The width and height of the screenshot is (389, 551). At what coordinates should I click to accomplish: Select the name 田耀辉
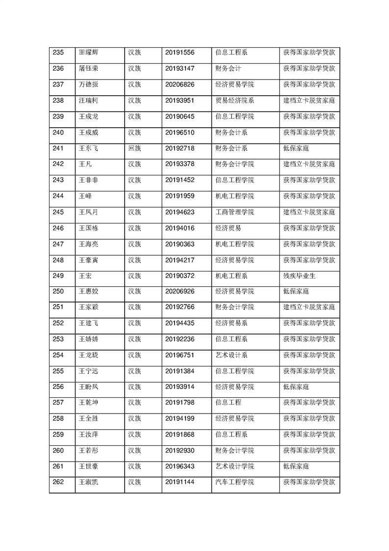coord(88,53)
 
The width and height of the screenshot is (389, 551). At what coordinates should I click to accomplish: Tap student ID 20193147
coord(180,68)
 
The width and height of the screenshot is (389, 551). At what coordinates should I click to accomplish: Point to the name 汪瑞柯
coord(88,100)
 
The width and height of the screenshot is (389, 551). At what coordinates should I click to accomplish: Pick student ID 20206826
coord(180,84)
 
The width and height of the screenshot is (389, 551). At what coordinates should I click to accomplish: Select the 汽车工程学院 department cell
coord(234,482)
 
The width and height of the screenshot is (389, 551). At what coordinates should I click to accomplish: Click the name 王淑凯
coord(88,482)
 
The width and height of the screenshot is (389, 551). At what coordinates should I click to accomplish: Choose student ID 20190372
coord(180,275)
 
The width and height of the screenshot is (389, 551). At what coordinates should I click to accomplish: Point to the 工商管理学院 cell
coord(234,212)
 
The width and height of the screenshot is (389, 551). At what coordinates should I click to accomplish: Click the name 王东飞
coord(88,148)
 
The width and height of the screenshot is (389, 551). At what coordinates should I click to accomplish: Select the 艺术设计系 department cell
coord(231,355)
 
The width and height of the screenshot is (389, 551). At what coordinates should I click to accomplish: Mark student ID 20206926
coord(180,291)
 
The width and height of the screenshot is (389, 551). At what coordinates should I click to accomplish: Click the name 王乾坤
coord(88,403)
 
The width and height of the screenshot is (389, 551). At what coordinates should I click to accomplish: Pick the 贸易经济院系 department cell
coord(234,100)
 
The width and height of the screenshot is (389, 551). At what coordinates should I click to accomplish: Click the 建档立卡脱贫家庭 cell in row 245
coord(309,212)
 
